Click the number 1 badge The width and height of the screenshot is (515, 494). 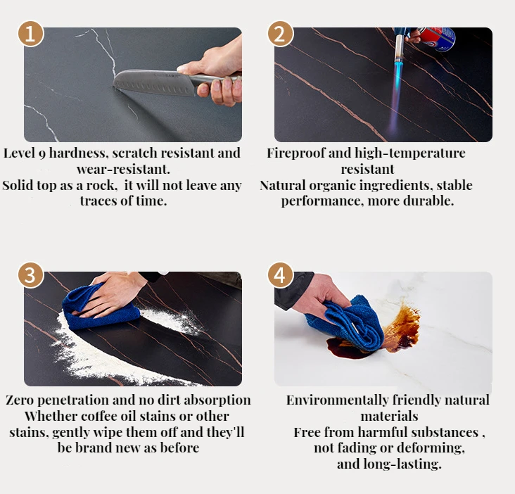pyautogui.click(x=30, y=34)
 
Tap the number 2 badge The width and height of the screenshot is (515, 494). pyautogui.click(x=281, y=34)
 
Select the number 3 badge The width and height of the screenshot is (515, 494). pyautogui.click(x=30, y=275)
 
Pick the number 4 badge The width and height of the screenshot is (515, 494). pyautogui.click(x=281, y=275)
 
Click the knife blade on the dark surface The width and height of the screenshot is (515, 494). pyautogui.click(x=154, y=82)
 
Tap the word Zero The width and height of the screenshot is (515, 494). pyautogui.click(x=20, y=400)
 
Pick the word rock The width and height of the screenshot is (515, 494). pyautogui.click(x=101, y=185)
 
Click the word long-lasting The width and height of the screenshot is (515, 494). pyautogui.click(x=402, y=464)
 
